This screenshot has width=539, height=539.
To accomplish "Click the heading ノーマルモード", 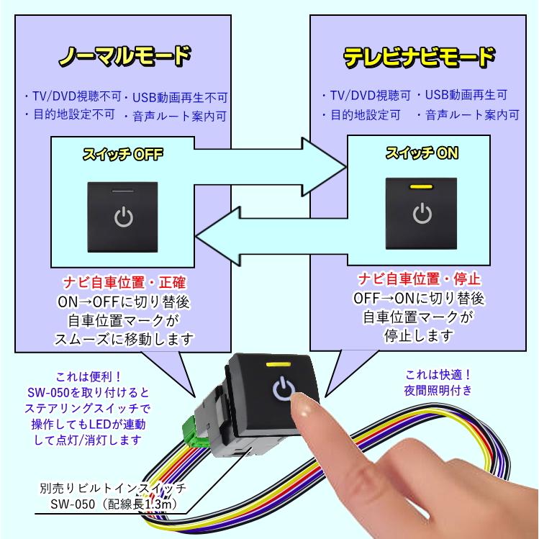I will (x=124, y=56).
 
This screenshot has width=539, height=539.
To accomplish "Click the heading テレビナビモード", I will (x=418, y=56).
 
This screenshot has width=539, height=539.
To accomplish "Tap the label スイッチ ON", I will (x=422, y=153).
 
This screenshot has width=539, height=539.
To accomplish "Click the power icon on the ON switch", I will (x=421, y=214).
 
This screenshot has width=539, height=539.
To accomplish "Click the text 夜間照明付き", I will (x=438, y=390).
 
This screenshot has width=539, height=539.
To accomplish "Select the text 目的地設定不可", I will (x=69, y=114).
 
